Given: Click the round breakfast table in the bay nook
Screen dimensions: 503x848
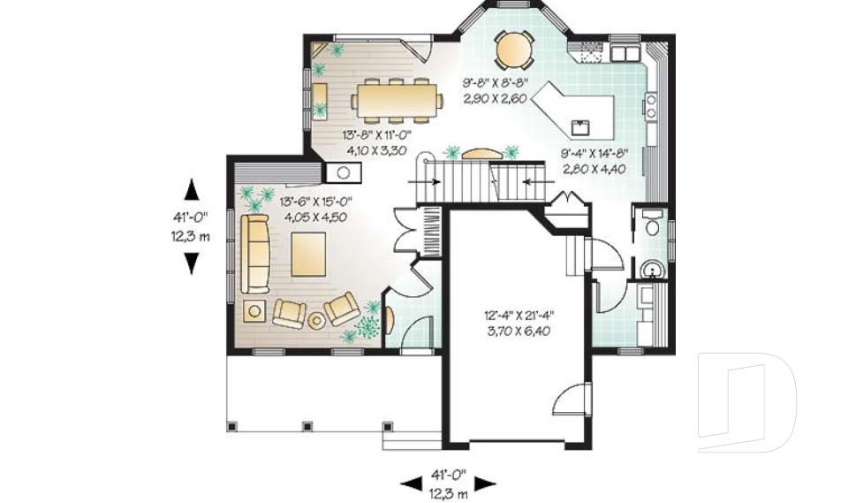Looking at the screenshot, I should point(512,50).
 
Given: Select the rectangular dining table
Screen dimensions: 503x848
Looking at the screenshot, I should point(397,98).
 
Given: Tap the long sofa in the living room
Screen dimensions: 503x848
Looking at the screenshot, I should point(257,254).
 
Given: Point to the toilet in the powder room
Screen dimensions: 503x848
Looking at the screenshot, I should point(651,225).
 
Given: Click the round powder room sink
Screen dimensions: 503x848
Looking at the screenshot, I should point(652,268).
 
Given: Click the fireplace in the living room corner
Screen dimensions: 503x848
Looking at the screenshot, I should point(337,171).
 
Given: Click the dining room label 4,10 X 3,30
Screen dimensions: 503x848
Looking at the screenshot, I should point(375,150).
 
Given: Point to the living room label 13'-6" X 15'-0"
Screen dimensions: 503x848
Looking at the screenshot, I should point(314,201).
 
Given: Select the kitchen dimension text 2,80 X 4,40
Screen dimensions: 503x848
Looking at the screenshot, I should point(594,167).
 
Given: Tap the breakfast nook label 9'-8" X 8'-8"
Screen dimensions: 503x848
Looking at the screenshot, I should point(495,84).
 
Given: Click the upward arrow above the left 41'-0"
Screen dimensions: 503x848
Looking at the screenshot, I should point(192,190).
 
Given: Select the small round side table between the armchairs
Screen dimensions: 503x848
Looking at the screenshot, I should point(315,320).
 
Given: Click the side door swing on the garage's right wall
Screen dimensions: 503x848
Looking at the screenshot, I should point(563,403).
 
